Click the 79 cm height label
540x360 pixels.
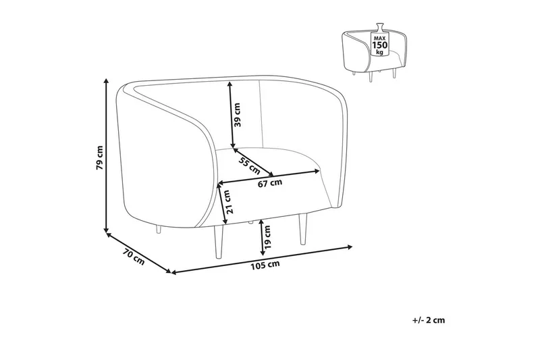point(99,158)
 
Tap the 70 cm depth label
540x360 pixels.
point(133,257)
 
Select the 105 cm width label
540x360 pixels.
point(265,265)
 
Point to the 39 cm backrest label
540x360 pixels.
point(238,115)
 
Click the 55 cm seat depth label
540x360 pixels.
point(249,165)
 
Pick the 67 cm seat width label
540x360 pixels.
point(270,183)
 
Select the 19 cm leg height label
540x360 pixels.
point(268,237)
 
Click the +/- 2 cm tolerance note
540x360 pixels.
point(429,320)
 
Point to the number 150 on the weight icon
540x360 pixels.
point(379,45)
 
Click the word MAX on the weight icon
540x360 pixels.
point(379,38)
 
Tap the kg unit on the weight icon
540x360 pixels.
point(379,52)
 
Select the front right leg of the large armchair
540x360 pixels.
point(302,229)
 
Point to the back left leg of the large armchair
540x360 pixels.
point(159,229)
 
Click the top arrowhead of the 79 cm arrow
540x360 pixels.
point(107,81)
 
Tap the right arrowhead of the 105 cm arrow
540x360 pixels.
point(350,247)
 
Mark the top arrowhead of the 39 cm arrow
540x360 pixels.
point(230,83)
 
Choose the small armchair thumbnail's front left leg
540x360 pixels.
point(371,77)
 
